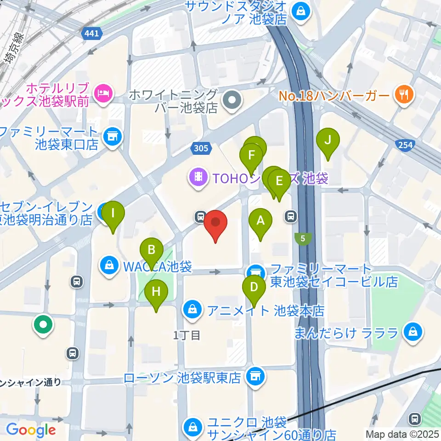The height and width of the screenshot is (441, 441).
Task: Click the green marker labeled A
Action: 260,221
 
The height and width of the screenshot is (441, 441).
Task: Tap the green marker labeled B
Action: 152,250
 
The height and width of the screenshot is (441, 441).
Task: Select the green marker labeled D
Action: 254,288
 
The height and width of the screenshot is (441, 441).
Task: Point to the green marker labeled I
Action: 113,214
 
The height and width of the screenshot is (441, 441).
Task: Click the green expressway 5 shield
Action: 303,238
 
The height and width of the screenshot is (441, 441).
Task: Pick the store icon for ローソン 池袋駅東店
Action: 254,377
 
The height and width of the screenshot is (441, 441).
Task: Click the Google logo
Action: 31,430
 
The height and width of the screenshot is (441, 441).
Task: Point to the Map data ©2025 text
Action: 402,433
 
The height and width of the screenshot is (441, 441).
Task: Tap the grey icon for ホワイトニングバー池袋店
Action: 232,99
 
